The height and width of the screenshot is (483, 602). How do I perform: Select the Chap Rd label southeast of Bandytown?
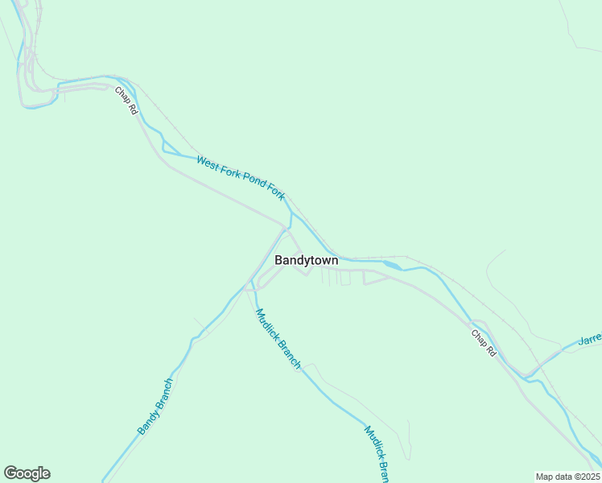tap(484, 343)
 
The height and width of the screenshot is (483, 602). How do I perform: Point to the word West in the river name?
tap(208, 163)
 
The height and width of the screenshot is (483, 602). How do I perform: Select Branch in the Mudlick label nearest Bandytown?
tap(289, 356)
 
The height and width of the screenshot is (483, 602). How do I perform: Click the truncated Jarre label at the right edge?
tap(590, 339)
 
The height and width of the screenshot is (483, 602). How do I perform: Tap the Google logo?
tap(27, 473)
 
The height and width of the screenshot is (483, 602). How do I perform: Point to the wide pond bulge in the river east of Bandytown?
tap(392, 264)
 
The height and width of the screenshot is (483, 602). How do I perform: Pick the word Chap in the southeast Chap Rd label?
tap(480, 338)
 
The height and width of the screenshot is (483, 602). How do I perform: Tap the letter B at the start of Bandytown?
tap(279, 260)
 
